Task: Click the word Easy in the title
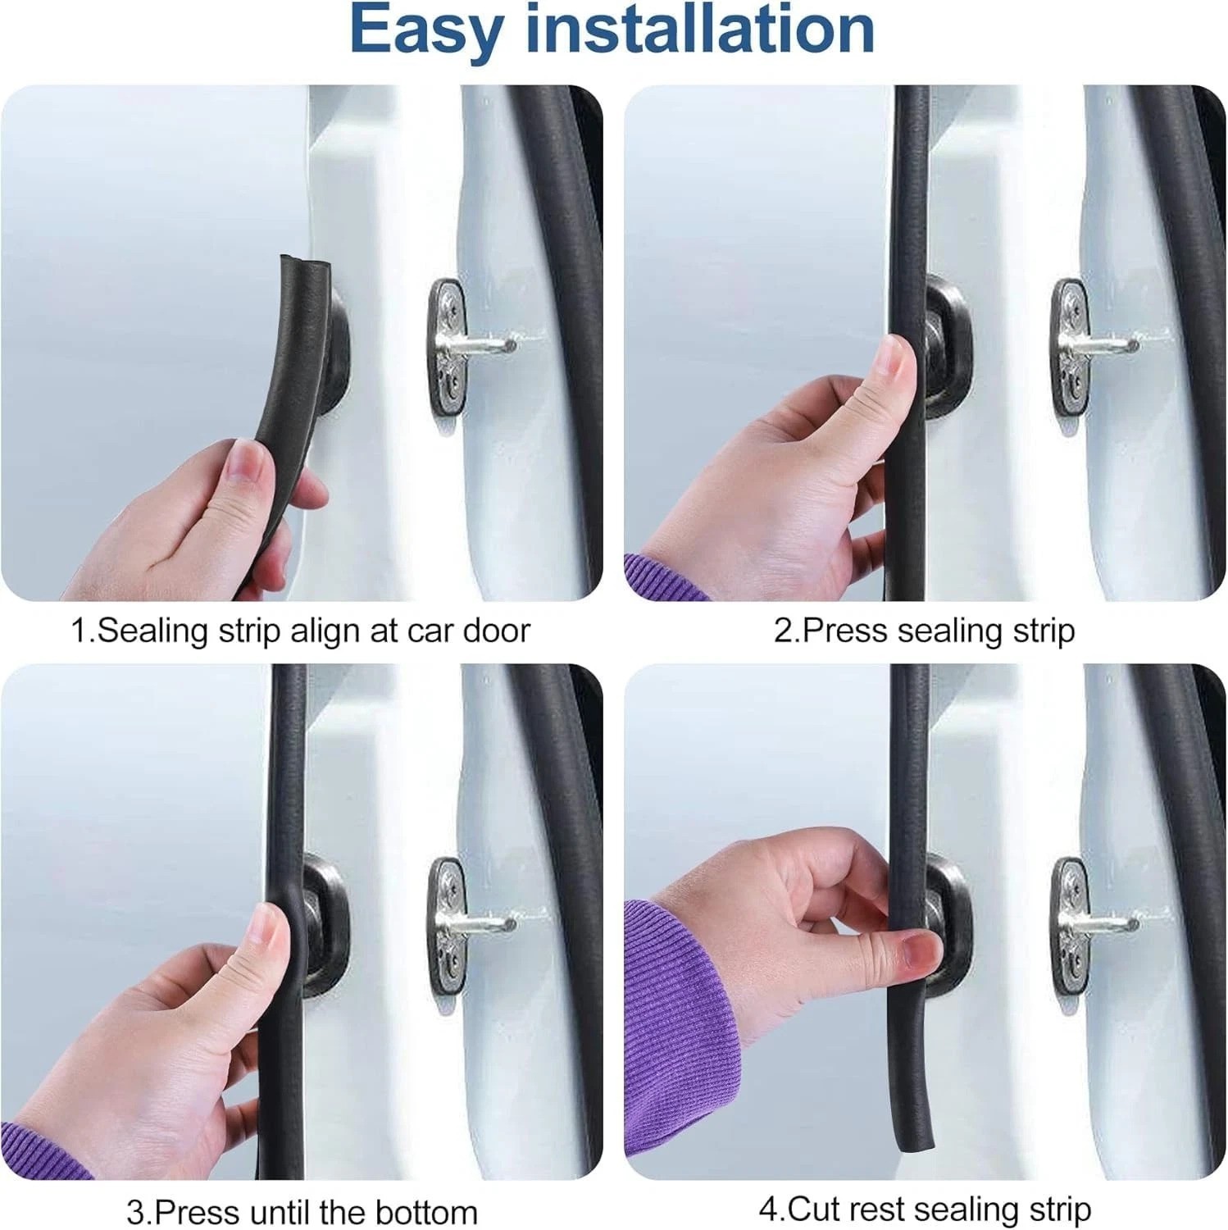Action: tap(426, 31)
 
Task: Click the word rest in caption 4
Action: tap(878, 1210)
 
